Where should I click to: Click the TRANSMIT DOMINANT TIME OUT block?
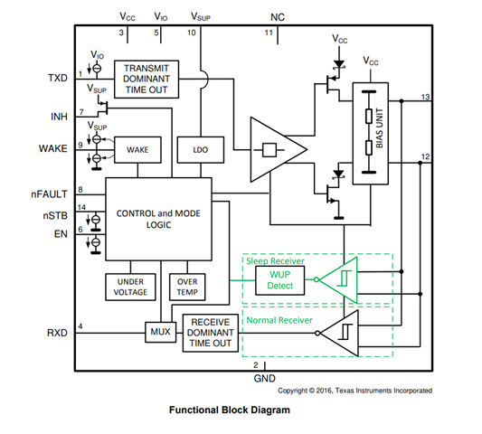coord(146,80)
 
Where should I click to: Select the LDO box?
coord(201,150)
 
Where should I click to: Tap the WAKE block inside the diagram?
coord(137,150)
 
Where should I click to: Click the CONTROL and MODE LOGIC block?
coord(158,219)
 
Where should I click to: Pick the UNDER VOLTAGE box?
coord(130,287)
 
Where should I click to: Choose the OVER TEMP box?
coord(187,287)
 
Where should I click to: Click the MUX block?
coord(160,332)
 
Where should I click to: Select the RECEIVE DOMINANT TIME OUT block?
coord(211,333)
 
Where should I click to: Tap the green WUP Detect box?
coord(280,280)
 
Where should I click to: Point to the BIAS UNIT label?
coord(379,127)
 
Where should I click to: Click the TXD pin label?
coord(58,78)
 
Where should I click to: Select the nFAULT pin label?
coord(49,194)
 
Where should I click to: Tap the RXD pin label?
coord(57,333)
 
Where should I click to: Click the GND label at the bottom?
coord(265,378)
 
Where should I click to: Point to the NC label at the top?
coord(278,17)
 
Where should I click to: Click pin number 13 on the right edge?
coord(425,97)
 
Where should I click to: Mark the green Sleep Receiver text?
coord(275,261)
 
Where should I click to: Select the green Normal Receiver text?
coord(279,320)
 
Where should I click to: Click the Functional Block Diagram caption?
coord(230,410)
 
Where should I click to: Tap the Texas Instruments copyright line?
coord(355,391)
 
